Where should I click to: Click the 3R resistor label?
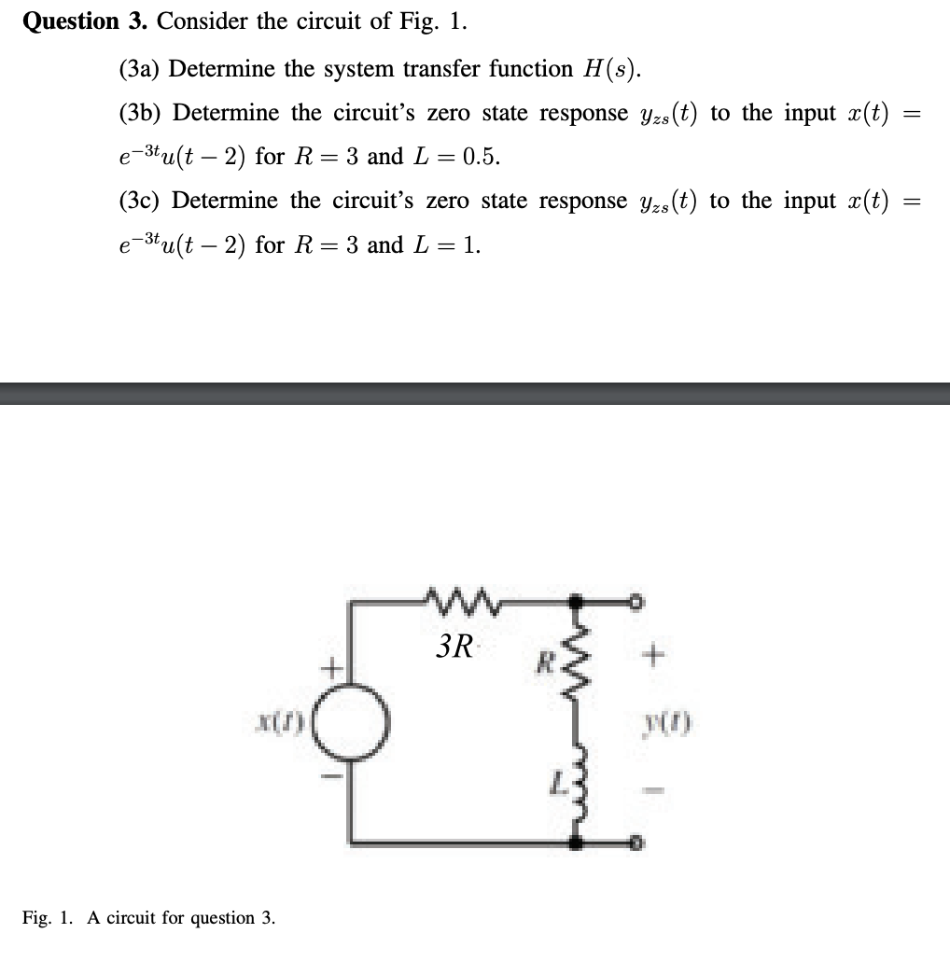455,646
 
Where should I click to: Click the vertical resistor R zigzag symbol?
579,653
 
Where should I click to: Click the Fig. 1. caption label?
47,918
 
